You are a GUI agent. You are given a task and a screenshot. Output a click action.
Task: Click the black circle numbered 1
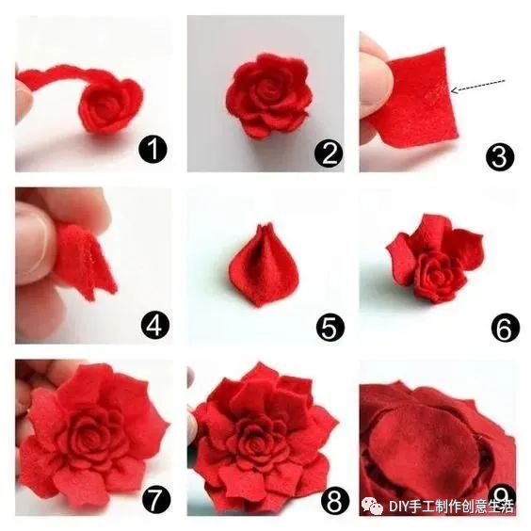(x=153, y=150)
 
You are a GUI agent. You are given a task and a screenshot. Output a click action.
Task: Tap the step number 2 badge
(x=329, y=154)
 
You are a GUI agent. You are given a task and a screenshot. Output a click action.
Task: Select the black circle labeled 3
(x=500, y=157)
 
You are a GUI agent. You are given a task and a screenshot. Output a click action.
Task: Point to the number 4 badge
(x=155, y=326)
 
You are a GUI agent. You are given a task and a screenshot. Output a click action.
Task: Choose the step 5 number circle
(x=330, y=327)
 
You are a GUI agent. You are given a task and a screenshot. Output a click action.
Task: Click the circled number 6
(x=506, y=329)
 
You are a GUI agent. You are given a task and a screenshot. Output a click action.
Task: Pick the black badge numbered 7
(x=156, y=501)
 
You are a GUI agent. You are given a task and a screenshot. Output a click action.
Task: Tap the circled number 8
(x=334, y=502)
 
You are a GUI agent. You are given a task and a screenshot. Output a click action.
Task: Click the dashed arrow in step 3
(x=478, y=86)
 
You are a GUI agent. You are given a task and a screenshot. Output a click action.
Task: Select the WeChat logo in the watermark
(x=373, y=506)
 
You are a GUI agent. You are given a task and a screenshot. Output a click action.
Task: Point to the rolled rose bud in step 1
(x=111, y=105)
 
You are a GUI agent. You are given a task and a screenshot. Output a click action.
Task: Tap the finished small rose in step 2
(x=268, y=96)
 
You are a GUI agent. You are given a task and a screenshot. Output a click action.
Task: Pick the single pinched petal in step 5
(x=265, y=265)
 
